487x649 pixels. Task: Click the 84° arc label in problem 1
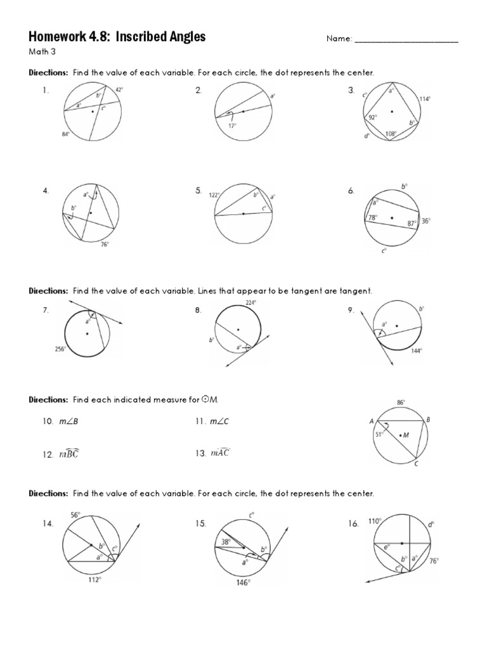click(x=65, y=134)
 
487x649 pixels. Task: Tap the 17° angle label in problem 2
click(x=233, y=125)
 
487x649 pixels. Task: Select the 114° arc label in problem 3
click(x=425, y=99)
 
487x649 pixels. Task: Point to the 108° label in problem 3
click(x=391, y=134)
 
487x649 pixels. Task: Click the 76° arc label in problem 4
click(x=105, y=243)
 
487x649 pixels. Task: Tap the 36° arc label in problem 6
click(x=425, y=221)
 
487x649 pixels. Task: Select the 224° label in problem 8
click(x=250, y=304)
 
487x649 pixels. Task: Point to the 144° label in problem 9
click(x=417, y=350)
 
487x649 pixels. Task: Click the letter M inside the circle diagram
click(x=406, y=435)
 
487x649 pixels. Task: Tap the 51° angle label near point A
click(x=380, y=434)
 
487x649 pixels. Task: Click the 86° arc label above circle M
click(x=401, y=402)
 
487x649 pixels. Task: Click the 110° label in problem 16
click(x=373, y=521)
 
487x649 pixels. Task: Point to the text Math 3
click(x=39, y=52)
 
